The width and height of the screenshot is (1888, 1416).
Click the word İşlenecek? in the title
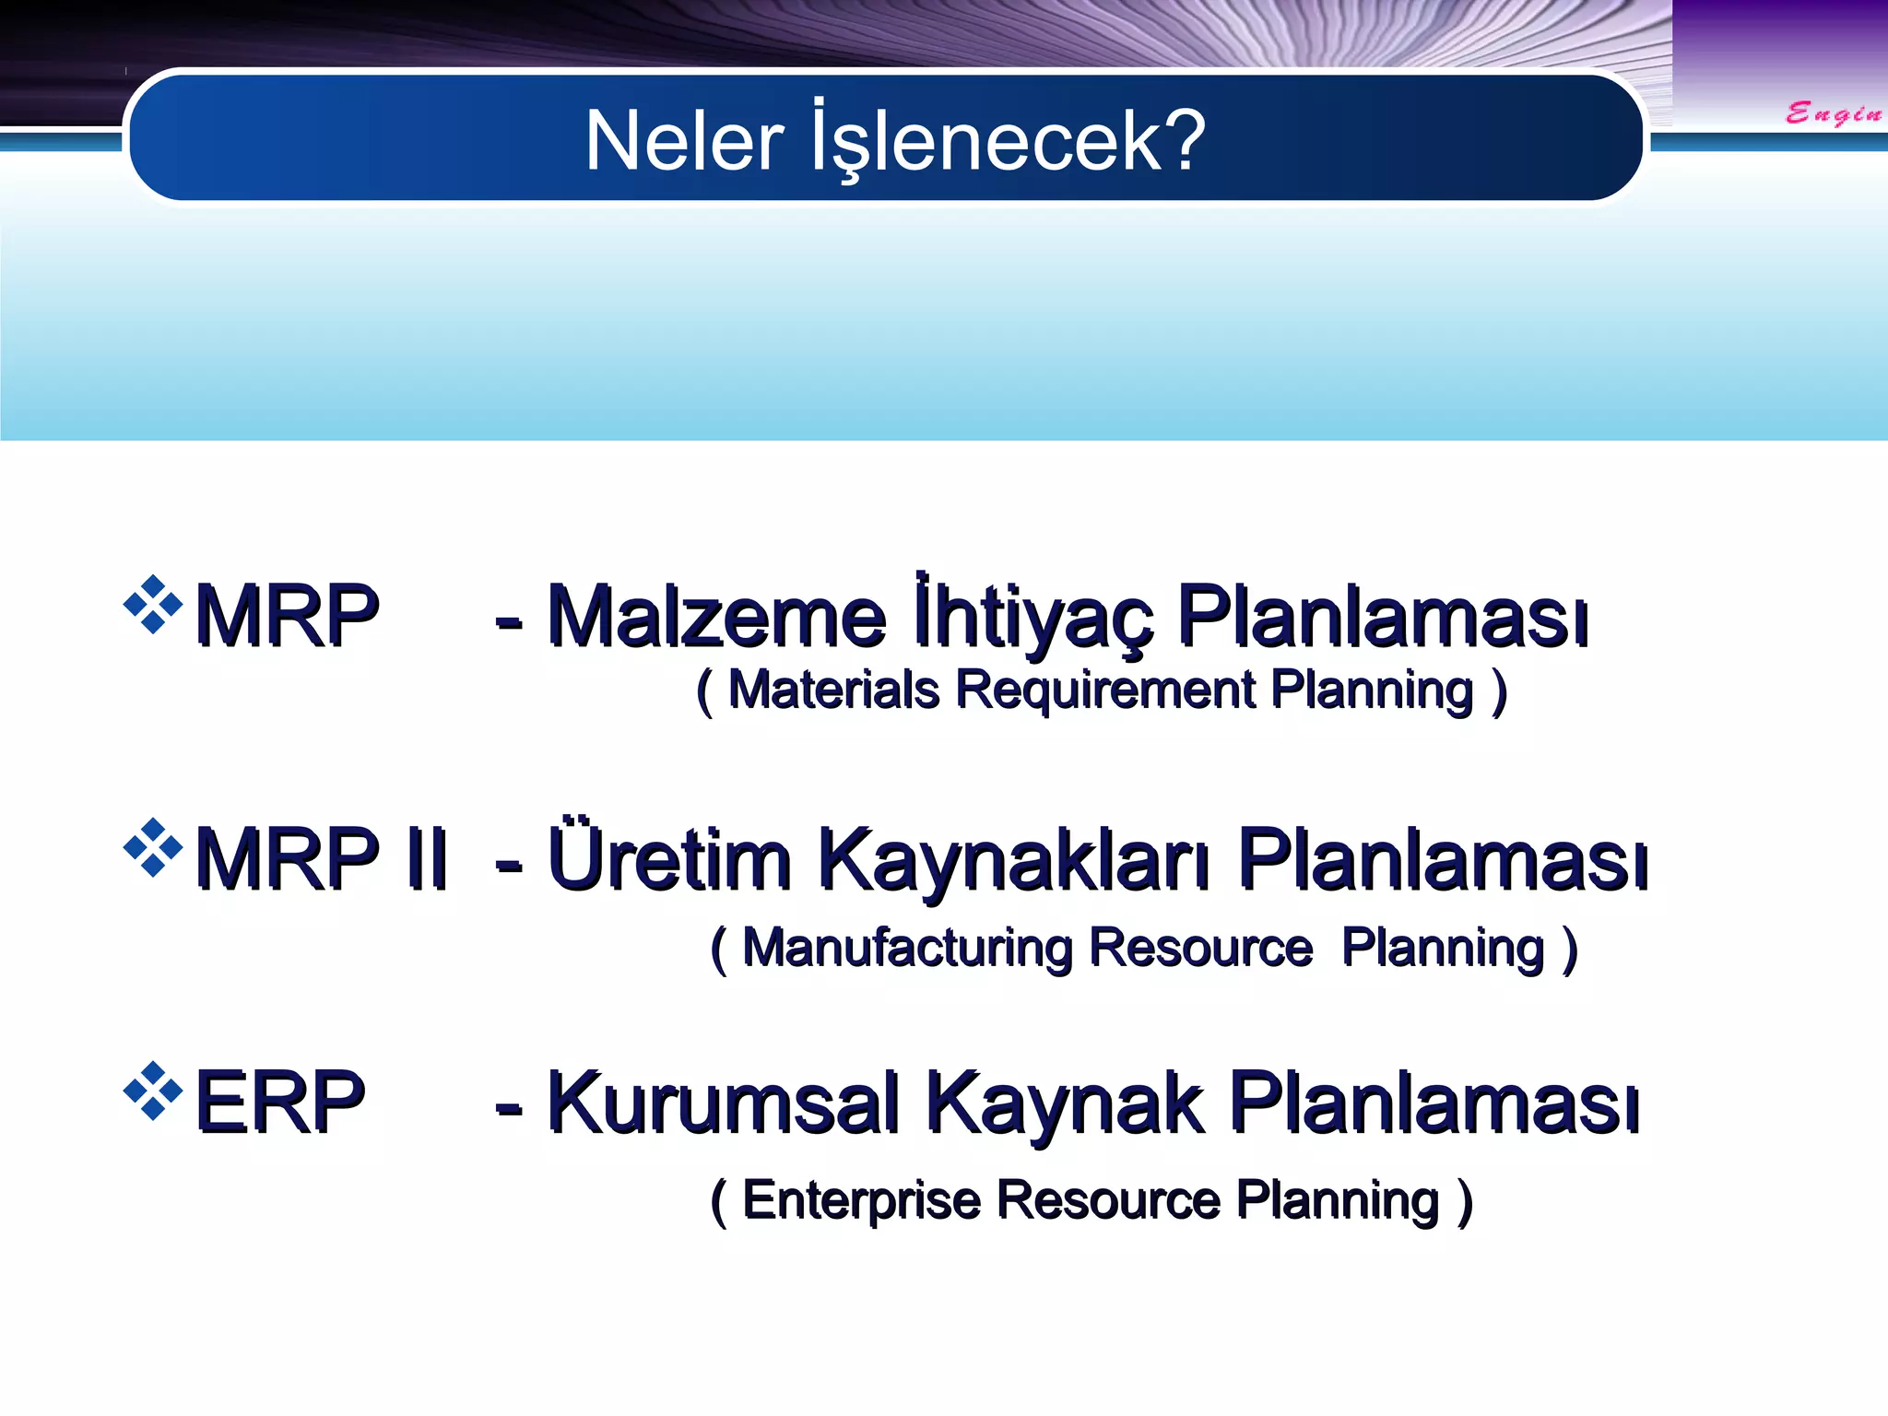pyautogui.click(x=1008, y=141)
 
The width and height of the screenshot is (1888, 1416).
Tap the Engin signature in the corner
pyautogui.click(x=1833, y=114)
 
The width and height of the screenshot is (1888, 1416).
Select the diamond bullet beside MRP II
pyautogui.click(x=153, y=846)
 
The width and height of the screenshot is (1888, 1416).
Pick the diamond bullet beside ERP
pyautogui.click(x=153, y=1090)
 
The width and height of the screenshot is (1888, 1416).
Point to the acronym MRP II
pyautogui.click(x=321, y=859)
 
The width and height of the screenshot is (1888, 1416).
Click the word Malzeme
pyautogui.click(x=716, y=616)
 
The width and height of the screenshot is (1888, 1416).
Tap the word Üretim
pyautogui.click(x=669, y=859)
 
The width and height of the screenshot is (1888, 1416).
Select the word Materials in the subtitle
pyautogui.click(x=832, y=690)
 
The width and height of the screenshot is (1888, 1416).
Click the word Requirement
pyautogui.click(x=1104, y=690)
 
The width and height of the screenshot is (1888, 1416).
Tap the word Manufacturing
pyautogui.click(x=907, y=948)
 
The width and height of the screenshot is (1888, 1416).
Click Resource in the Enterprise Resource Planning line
pyautogui.click(x=1108, y=1200)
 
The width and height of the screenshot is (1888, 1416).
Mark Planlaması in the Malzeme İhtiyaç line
pyautogui.click(x=1383, y=616)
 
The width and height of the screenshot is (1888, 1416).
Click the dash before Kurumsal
pyautogui.click(x=509, y=1106)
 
